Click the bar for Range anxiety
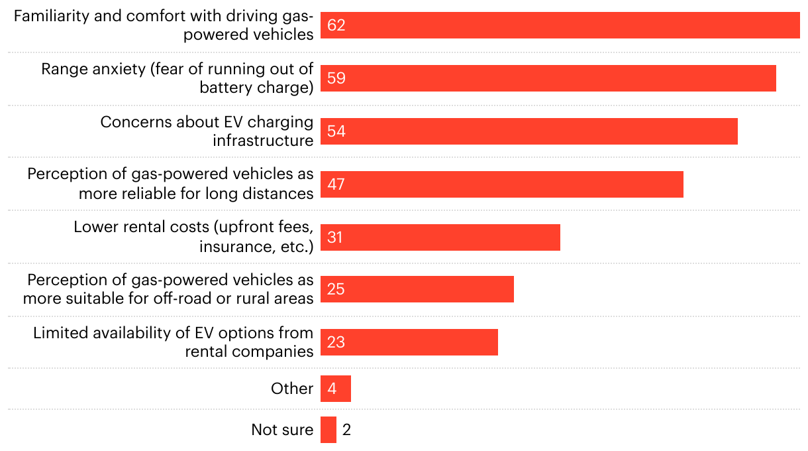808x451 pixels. [548, 78]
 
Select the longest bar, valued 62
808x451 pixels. [560, 25]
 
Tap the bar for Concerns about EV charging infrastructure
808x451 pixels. [529, 131]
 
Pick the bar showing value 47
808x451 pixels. [501, 184]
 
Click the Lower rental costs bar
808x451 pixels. [440, 237]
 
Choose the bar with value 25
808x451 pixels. [417, 289]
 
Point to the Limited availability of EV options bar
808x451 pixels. [409, 342]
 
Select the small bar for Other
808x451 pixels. [335, 389]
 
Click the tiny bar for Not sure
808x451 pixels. [328, 430]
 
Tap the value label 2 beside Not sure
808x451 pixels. [346, 430]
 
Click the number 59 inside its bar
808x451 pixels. [336, 78]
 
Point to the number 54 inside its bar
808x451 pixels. [336, 131]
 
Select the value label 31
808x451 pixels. [335, 237]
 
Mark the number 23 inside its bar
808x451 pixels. [336, 342]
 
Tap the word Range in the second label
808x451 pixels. [61, 69]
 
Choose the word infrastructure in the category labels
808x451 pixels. [262, 140]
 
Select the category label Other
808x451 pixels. [291, 389]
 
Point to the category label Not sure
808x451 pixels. [282, 430]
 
